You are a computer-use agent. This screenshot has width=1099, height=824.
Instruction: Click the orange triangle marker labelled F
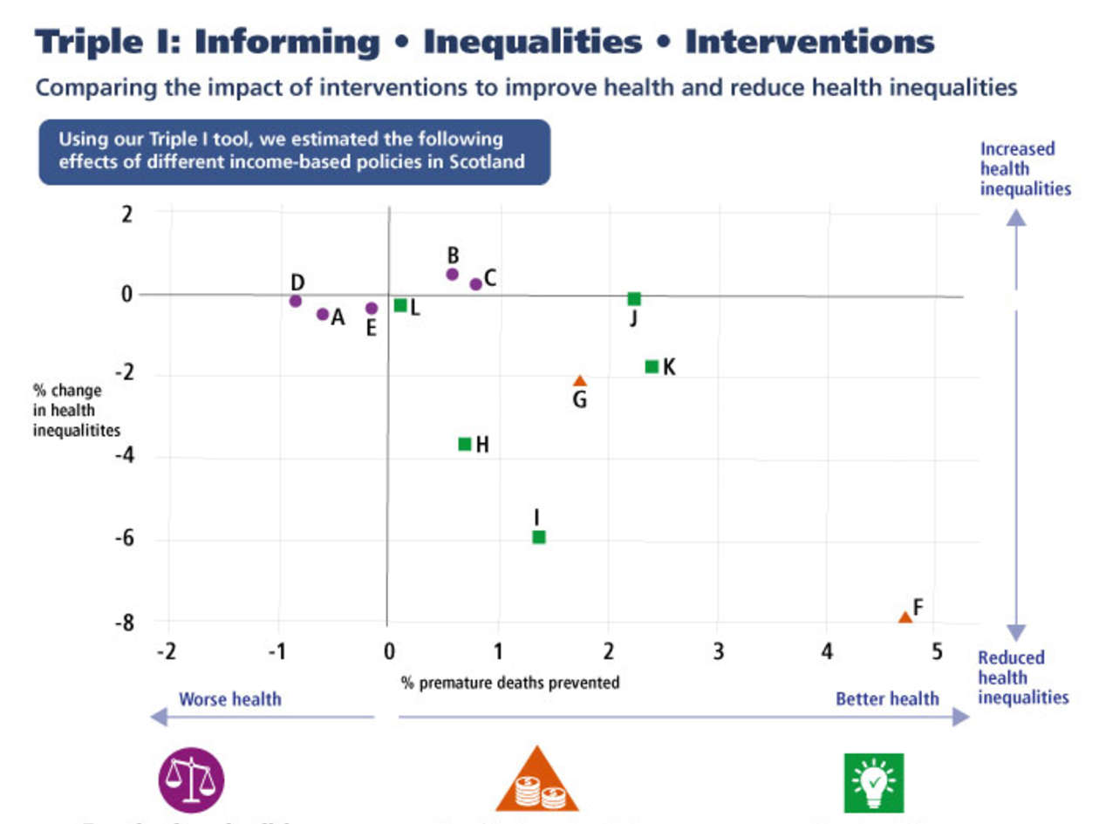coord(905,617)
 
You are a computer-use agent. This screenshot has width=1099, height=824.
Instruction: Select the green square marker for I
coord(539,537)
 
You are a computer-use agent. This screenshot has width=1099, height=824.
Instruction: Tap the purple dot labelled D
coord(295,301)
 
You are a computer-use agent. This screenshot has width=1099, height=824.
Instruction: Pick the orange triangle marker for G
coord(580,381)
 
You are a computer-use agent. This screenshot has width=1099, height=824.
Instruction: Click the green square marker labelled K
coord(652,366)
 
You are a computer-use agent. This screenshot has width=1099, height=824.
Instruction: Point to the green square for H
coord(465,445)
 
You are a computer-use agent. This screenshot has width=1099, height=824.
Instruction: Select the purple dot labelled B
coord(452,274)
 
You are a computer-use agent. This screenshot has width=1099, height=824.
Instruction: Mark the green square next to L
coord(400,305)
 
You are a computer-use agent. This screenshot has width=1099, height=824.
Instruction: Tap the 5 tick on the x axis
coord(937,651)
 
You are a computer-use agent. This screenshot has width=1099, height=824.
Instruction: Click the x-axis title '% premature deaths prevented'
coord(510,682)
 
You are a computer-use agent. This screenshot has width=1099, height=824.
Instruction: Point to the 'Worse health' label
coord(230,698)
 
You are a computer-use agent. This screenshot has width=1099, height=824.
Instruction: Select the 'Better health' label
coord(887,698)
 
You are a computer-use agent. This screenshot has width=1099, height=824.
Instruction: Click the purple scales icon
coord(191,780)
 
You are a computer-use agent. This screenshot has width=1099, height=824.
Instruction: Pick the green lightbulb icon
coord(875,782)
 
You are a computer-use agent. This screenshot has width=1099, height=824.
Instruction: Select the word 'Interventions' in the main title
coord(809,42)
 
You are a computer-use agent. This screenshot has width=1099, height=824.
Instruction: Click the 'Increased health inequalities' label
coord(1025,168)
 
